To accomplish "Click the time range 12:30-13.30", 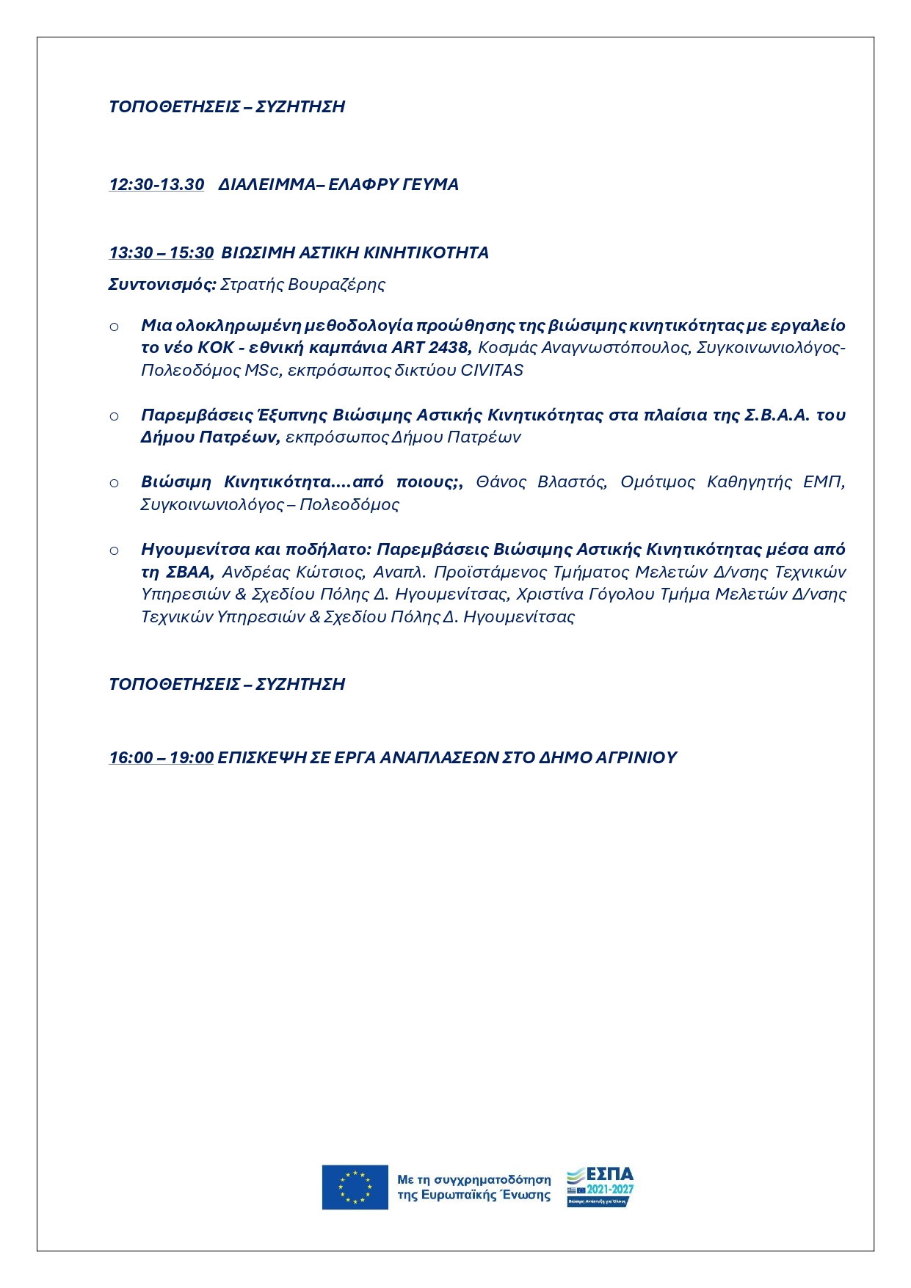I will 156,185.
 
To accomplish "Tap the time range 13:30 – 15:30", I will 161,253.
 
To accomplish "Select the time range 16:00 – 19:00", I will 161,758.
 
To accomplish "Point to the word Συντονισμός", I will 162,285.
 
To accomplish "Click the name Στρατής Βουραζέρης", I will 302,285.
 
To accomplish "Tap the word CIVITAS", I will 492,371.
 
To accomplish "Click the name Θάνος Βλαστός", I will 541,482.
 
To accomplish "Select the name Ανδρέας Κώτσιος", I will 292,572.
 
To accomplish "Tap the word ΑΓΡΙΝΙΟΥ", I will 636,758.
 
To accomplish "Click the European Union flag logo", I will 355,1187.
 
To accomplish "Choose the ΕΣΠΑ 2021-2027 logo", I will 600,1187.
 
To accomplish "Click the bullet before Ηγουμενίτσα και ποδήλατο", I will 115,550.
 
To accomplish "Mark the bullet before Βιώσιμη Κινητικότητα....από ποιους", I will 115,483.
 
